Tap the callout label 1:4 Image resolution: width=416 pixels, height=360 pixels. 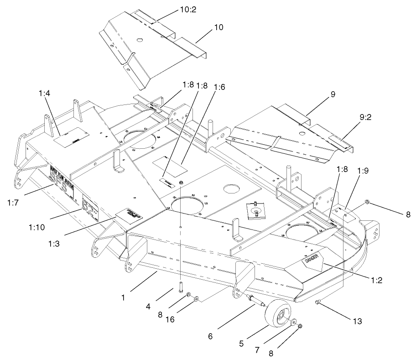45,94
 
